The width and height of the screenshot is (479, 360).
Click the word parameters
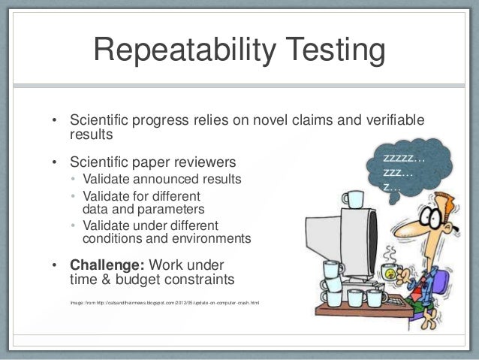pos(165,209)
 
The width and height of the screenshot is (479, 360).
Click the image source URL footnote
pos(164,303)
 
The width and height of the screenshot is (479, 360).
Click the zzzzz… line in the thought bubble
pos(404,159)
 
